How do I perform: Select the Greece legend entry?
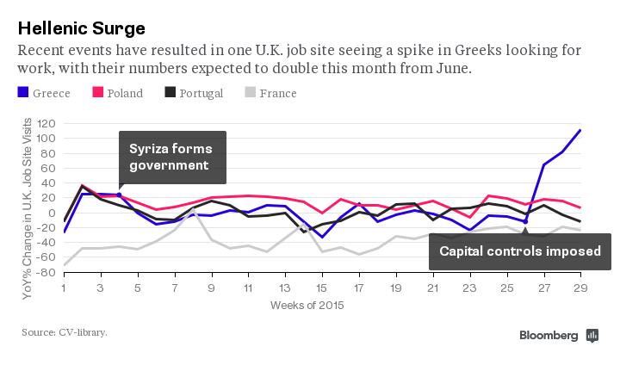(x=46, y=93)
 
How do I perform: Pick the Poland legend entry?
(x=117, y=93)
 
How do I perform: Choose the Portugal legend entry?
(x=193, y=93)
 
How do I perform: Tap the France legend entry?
(x=270, y=93)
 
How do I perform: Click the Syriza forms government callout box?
(x=172, y=157)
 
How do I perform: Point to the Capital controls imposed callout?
(x=520, y=251)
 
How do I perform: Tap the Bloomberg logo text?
(x=549, y=335)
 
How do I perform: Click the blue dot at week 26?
(x=524, y=221)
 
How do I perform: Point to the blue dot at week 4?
(x=119, y=195)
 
